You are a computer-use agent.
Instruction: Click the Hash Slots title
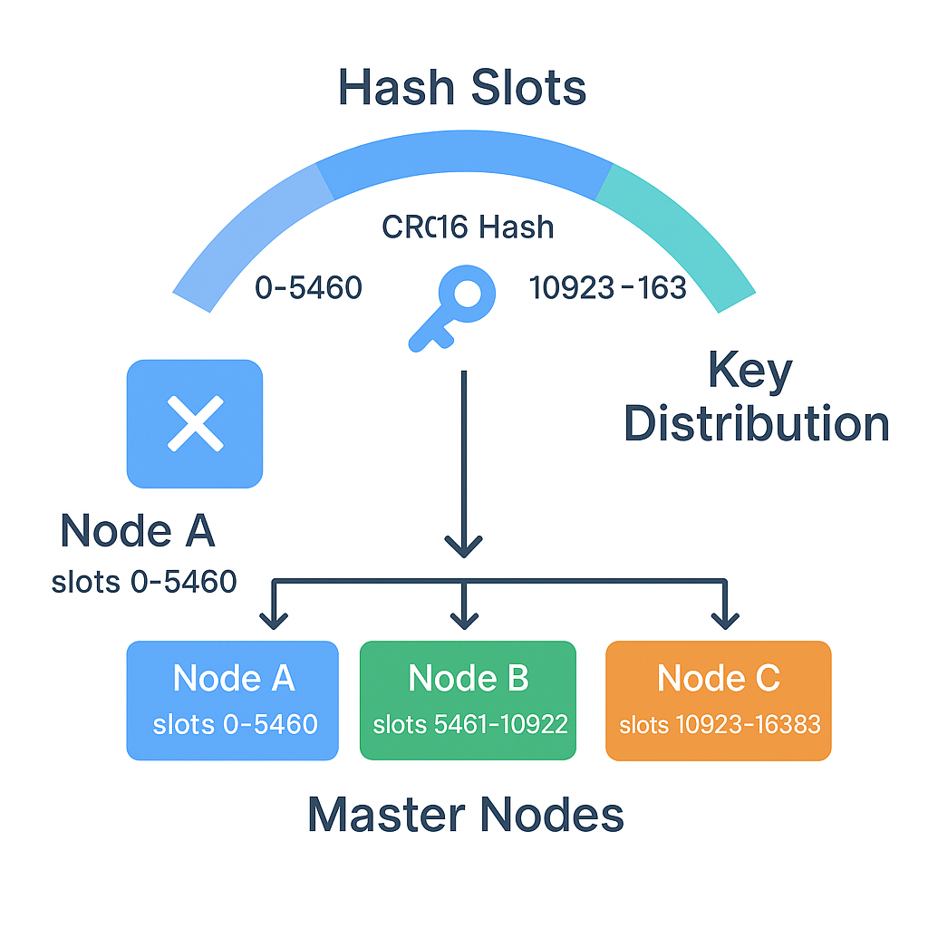point(462,88)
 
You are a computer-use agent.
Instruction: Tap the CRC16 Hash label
point(468,227)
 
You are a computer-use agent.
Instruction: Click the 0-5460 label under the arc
point(308,287)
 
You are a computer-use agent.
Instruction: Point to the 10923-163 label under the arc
point(607,287)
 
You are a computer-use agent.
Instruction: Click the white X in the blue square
point(195,423)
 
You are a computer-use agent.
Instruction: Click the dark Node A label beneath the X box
point(138,531)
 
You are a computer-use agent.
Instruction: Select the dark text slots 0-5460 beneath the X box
point(144,581)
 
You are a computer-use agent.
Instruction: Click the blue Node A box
point(232,700)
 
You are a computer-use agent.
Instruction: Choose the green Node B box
point(468,700)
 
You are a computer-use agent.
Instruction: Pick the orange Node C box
point(718,700)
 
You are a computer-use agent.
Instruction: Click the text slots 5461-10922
point(470,724)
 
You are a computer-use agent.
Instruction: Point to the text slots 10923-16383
point(720,724)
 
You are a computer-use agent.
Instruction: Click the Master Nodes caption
point(466,814)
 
